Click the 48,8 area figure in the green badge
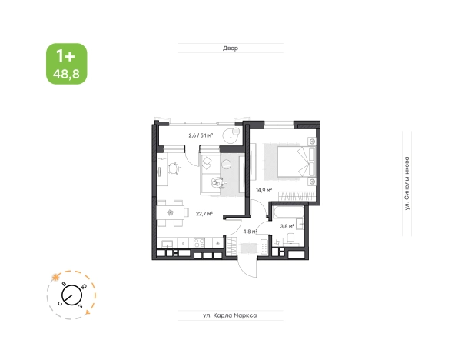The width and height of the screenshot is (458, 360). (x=66, y=74)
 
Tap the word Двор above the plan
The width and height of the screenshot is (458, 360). (x=231, y=48)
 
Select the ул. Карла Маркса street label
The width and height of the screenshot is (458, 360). (x=230, y=315)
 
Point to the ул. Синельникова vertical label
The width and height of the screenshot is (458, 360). (x=407, y=183)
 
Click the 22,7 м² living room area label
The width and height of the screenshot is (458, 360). (x=204, y=214)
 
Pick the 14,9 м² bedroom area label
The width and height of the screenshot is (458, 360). (x=264, y=190)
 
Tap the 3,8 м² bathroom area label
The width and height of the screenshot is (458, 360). (x=287, y=226)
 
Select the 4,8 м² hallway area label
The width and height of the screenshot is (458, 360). (x=250, y=232)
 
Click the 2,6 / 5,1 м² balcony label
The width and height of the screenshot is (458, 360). (x=201, y=135)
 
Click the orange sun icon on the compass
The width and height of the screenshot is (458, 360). (x=55, y=277)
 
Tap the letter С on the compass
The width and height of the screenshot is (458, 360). (x=61, y=304)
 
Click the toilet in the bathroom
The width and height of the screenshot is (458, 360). (x=291, y=238)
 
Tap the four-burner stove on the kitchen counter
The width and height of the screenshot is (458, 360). (x=200, y=243)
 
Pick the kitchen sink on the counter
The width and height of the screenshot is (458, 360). (x=167, y=243)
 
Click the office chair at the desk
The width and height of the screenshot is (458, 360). (x=174, y=168)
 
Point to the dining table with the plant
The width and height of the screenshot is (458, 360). (x=171, y=212)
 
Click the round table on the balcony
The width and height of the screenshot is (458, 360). (x=231, y=135)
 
